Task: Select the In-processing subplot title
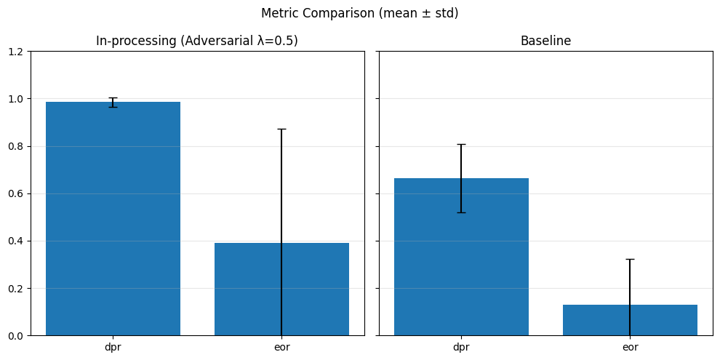click(197, 41)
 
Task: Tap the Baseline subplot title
click(545, 41)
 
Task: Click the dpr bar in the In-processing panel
click(113, 219)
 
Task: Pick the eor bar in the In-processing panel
click(281, 289)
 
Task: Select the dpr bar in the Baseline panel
click(462, 257)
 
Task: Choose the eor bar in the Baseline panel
click(630, 320)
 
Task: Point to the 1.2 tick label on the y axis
click(17, 52)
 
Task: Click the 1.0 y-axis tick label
click(17, 99)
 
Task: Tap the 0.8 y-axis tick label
click(17, 146)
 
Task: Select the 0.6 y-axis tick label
click(17, 193)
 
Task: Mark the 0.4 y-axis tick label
click(17, 241)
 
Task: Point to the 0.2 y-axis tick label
click(17, 289)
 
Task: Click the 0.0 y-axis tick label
click(17, 336)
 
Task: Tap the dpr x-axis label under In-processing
click(113, 348)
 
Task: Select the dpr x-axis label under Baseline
click(462, 348)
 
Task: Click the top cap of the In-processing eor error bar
click(281, 129)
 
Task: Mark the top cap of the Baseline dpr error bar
click(462, 144)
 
